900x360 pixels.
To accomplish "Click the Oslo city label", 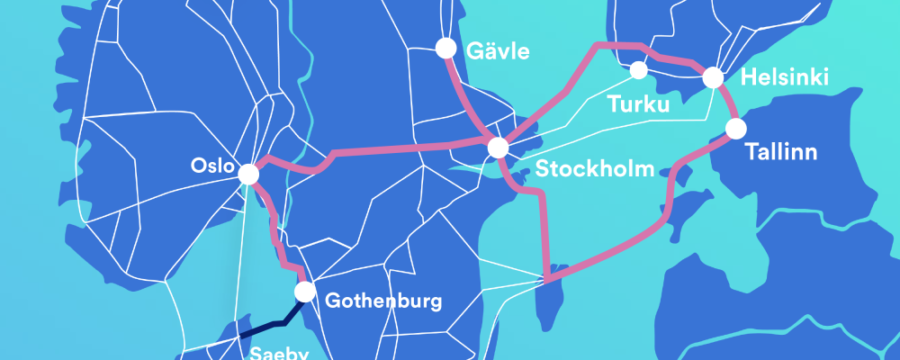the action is click(213, 166).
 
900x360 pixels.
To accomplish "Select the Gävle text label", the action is click(498, 51).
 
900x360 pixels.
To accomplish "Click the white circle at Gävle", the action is click(445, 47).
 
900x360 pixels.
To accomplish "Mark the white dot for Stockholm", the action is click(498, 148).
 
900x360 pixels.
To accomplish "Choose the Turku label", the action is click(639, 105).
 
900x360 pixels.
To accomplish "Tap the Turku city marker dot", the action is click(639, 70).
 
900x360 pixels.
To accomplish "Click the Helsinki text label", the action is click(784, 78).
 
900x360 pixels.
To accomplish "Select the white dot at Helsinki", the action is click(714, 77).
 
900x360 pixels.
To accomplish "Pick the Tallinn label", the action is click(781, 152).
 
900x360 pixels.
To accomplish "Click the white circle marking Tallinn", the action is click(736, 129).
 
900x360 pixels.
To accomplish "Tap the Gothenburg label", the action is click(382, 301).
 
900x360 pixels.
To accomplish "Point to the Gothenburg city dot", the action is click(305, 292).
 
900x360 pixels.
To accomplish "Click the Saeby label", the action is click(274, 352).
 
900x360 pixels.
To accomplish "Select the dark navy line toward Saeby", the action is click(270, 326).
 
